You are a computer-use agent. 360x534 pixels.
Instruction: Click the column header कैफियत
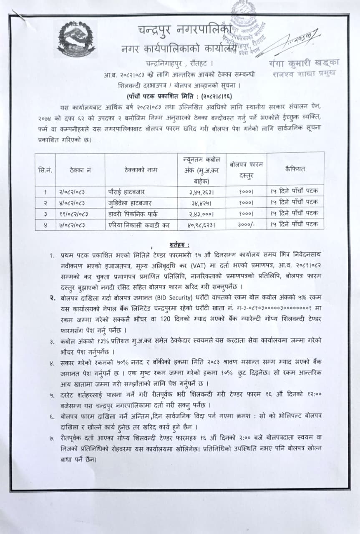[295, 169]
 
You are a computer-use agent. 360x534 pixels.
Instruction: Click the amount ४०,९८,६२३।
[202, 224]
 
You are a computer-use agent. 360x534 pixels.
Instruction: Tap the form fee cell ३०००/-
[246, 224]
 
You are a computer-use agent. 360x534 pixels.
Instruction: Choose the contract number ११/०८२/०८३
[75, 213]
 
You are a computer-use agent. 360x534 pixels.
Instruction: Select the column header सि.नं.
[45, 169]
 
